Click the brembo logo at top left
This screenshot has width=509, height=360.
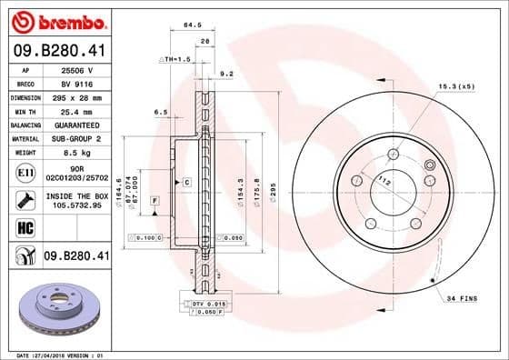coord(56,19)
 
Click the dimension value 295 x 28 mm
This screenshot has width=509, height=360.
coord(75,96)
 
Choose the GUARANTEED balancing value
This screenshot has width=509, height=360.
coord(75,125)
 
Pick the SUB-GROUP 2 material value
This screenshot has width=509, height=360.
coord(75,138)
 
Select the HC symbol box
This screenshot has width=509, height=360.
coord(25,228)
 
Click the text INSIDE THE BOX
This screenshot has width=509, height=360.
coord(77,195)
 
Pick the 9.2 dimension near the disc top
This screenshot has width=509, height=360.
coord(227,73)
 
